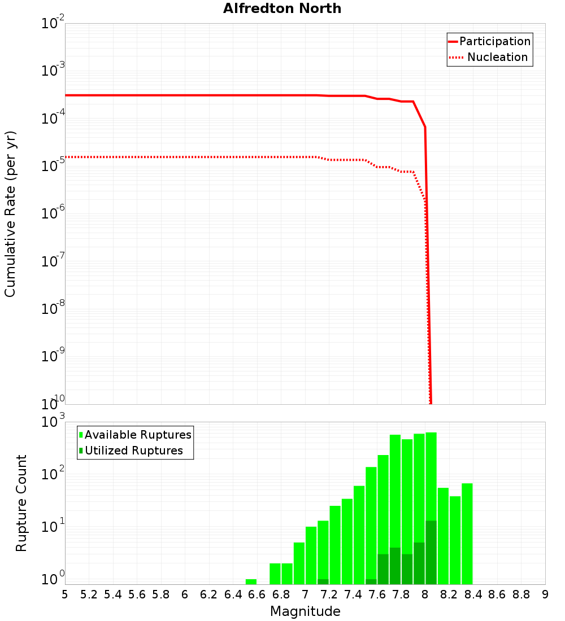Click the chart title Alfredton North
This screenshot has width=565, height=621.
[282, 8]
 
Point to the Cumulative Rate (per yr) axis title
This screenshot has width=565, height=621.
[10, 214]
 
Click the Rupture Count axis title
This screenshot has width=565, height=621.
[21, 503]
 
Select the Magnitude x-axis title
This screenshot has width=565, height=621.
[305, 611]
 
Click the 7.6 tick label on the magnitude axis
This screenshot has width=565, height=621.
[377, 594]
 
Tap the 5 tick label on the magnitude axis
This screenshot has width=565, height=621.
[65, 594]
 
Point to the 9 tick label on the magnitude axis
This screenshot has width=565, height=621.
[545, 594]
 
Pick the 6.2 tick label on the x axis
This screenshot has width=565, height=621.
[209, 594]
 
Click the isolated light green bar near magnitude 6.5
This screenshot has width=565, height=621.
[251, 581]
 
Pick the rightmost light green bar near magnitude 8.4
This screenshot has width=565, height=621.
[467, 533]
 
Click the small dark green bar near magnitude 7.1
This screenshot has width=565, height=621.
[323, 581]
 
